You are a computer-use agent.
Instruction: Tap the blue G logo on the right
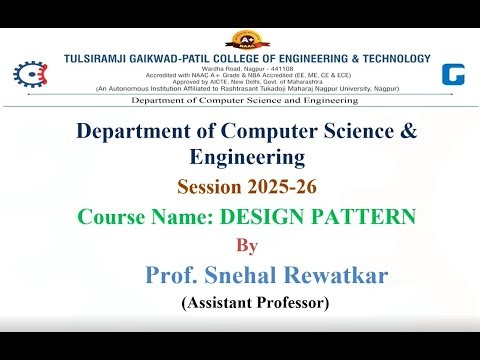454,74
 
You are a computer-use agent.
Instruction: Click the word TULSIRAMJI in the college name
97,58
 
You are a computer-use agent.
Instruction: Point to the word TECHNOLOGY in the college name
387,58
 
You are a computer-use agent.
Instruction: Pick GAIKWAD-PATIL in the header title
176,58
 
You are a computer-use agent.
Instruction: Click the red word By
244,244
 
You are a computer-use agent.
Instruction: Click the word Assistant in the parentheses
219,302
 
